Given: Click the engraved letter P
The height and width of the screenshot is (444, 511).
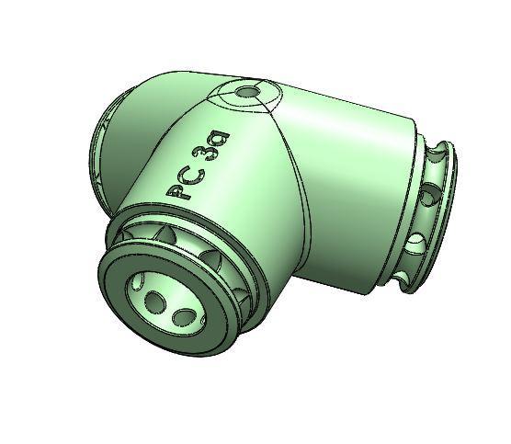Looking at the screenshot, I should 177,190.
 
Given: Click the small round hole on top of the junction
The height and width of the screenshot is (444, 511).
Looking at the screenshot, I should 246,93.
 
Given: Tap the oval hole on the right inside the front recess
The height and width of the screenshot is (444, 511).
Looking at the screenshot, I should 183,318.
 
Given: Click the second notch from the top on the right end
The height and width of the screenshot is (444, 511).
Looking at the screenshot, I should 429,196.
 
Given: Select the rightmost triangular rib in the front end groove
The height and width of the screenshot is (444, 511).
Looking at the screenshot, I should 243,296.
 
